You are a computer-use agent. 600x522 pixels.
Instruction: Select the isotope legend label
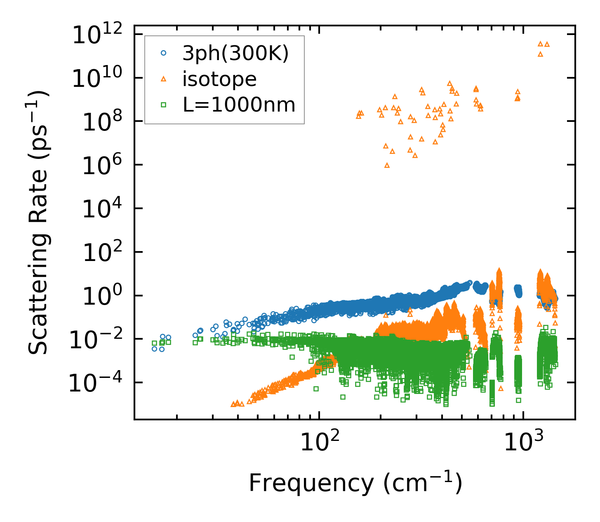pos(219,79)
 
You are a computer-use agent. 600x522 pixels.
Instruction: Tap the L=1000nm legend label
pos(239,105)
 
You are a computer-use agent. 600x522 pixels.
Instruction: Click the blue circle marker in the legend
pos(163,53)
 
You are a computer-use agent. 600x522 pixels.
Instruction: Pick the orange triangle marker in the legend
pos(163,79)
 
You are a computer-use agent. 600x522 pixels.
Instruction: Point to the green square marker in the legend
pos(163,105)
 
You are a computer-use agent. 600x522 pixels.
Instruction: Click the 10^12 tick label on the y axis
pos(100,35)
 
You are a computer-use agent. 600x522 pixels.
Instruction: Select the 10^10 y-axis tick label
pos(100,78)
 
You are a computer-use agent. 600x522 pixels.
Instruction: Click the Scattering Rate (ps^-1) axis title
pos(38,222)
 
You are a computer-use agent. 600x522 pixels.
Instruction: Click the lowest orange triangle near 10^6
pos(387,165)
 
